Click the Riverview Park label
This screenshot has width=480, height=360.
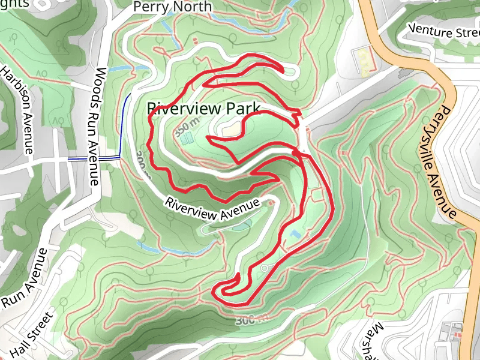203,109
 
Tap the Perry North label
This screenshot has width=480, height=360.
172,7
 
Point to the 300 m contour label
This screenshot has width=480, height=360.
251,320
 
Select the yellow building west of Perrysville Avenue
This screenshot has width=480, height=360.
364,59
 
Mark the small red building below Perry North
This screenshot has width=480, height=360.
196,41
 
